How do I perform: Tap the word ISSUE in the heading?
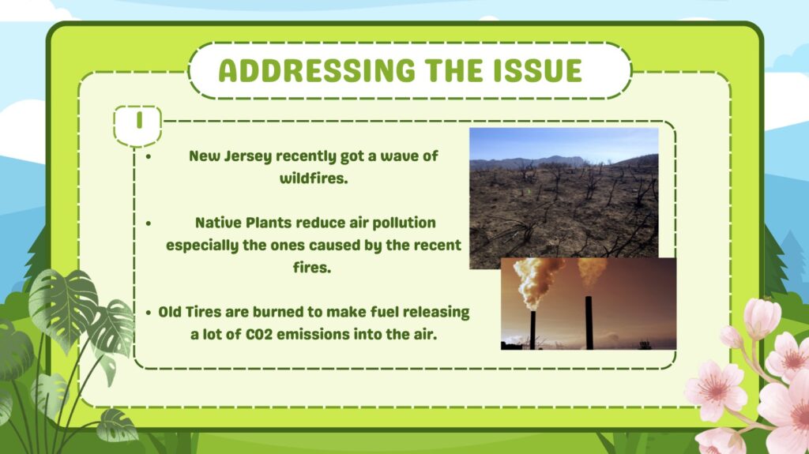pyautogui.click(x=538, y=71)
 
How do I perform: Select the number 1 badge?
pyautogui.click(x=137, y=126)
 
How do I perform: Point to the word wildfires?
pyautogui.click(x=314, y=178)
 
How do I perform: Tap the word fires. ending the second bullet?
pyautogui.click(x=312, y=267)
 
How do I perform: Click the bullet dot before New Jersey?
pyautogui.click(x=149, y=156)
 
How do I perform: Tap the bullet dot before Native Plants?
pyautogui.click(x=149, y=223)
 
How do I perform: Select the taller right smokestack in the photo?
pyautogui.click(x=589, y=322)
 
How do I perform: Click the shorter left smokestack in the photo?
pyautogui.click(x=533, y=330)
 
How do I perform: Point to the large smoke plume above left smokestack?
pyautogui.click(x=536, y=281)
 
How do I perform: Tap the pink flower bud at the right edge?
pyautogui.click(x=762, y=317)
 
